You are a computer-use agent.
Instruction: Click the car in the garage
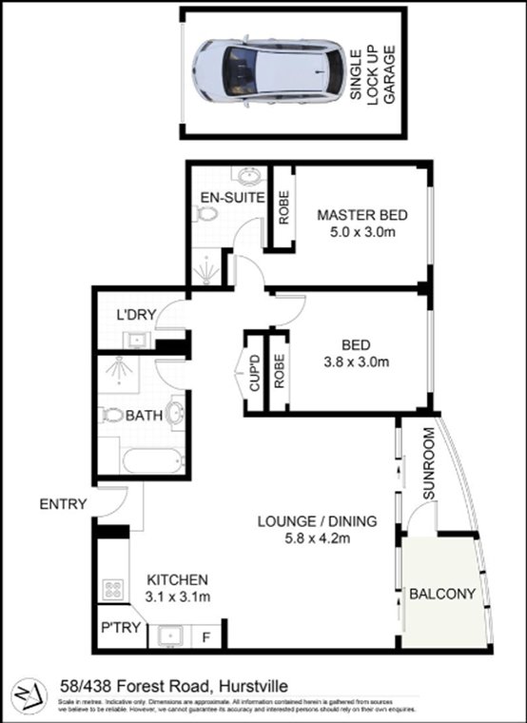[267, 72]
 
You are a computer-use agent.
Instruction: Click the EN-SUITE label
[224, 197]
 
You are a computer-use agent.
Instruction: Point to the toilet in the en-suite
[205, 216]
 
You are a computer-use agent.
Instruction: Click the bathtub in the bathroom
[152, 462]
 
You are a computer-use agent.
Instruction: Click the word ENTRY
[63, 504]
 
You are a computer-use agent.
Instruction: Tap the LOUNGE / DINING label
[317, 520]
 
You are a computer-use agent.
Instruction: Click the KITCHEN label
[176, 579]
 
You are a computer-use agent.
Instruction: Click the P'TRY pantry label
[118, 631]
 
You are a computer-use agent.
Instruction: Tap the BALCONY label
[440, 595]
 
